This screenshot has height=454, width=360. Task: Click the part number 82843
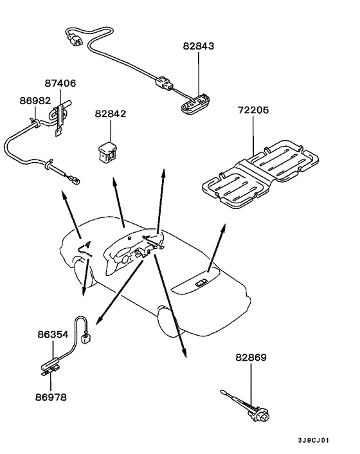[199, 46]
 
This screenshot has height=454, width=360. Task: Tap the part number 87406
[60, 83]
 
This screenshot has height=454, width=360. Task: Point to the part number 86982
[34, 101]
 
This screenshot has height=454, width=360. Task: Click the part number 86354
[52, 335]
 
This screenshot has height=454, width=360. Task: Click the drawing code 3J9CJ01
[314, 440]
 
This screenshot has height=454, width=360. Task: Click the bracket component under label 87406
[60, 116]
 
